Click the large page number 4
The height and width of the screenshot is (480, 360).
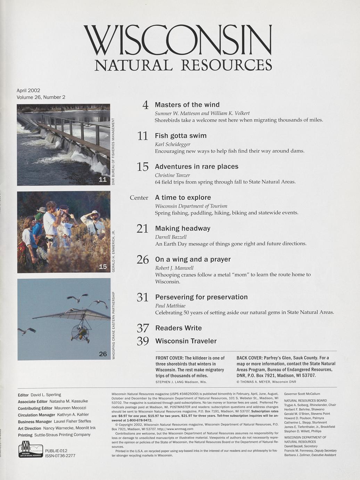(x=146, y=105)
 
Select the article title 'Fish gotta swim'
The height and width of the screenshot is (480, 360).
(x=181, y=136)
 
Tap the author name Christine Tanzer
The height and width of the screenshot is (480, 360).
(x=172, y=175)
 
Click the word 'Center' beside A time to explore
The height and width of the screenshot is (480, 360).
(x=139, y=198)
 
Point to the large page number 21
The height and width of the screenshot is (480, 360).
(x=142, y=229)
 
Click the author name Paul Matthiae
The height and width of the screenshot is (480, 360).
(x=170, y=306)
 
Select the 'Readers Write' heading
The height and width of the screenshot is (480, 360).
(x=178, y=328)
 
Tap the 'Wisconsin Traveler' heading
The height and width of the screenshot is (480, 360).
(x=186, y=341)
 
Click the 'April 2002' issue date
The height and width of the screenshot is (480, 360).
(x=28, y=90)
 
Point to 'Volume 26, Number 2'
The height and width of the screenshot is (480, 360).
(x=41, y=97)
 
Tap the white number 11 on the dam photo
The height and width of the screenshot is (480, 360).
(x=103, y=179)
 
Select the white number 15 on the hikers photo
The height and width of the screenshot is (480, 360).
(x=103, y=267)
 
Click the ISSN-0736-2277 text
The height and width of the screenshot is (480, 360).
(x=60, y=456)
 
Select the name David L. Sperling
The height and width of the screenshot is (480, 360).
(x=46, y=395)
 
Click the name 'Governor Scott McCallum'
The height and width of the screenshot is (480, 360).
(x=302, y=394)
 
